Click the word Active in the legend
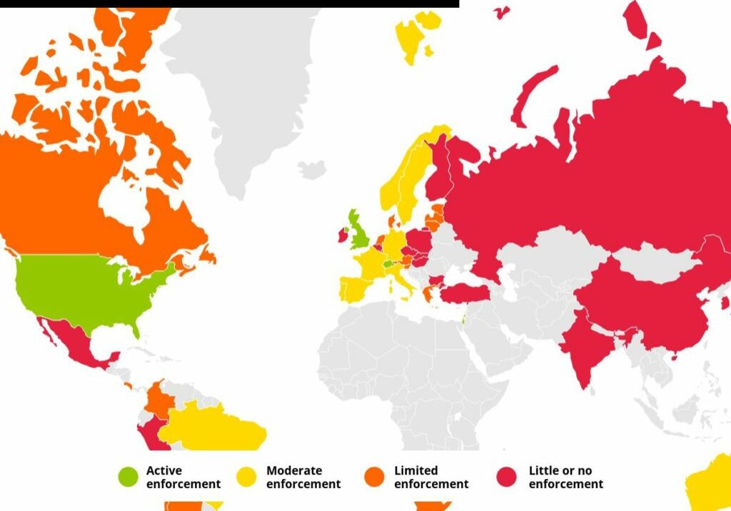(164, 471)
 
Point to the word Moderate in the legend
(294, 471)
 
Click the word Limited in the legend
(415, 471)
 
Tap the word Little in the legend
(542, 471)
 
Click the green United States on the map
(86, 289)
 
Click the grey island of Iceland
(312, 169)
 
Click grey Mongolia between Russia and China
(653, 260)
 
